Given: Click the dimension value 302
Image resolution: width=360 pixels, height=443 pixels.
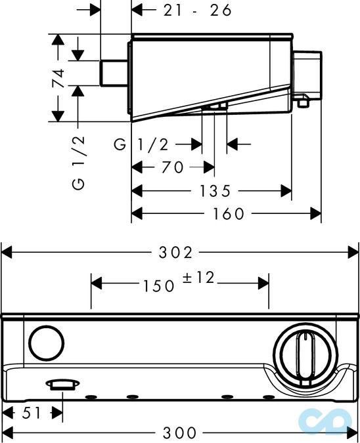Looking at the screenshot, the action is [175, 252].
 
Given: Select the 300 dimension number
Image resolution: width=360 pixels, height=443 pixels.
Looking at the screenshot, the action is [179, 432].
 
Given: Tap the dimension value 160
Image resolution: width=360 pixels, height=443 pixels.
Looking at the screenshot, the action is [228, 214].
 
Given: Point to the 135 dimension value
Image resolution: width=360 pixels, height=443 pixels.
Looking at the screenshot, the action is [215, 191].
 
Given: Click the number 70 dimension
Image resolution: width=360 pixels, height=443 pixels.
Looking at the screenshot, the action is [173, 167].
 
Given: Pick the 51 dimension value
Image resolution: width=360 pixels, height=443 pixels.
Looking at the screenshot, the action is [31, 414].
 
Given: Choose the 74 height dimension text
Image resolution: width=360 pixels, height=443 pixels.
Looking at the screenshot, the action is [58, 78].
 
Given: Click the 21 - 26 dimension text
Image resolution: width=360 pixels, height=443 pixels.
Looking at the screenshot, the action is [198, 11].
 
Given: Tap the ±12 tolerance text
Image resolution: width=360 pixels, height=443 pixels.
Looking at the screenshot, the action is [198, 278].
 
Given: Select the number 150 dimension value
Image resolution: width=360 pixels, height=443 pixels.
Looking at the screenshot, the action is [158, 286].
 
